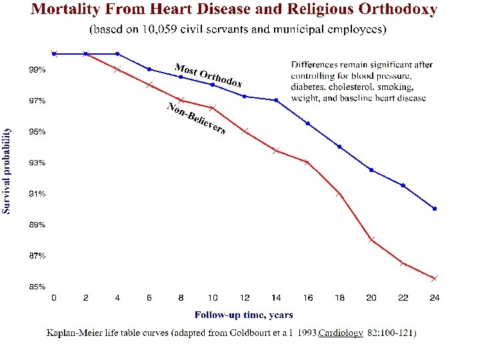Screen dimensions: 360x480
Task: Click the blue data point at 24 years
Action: (435, 209)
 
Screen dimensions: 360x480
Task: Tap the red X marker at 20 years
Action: (371, 239)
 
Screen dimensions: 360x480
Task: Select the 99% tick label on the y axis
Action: (37, 69)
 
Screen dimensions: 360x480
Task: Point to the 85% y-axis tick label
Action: (37, 287)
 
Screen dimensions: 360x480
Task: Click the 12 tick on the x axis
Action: (245, 298)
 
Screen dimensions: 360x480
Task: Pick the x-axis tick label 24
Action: (435, 298)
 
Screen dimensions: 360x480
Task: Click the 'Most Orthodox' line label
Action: (208, 75)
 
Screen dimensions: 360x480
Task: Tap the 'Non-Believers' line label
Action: (195, 119)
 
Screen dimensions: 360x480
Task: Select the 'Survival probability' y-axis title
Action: (7, 170)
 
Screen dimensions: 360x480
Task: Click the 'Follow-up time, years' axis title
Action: (243, 315)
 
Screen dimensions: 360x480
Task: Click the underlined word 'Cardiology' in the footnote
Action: (341, 333)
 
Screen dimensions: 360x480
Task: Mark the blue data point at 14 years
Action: (276, 100)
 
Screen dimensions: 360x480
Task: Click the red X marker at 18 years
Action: (339, 194)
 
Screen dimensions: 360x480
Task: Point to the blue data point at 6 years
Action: (149, 69)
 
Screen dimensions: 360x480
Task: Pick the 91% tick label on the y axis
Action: (37, 194)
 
